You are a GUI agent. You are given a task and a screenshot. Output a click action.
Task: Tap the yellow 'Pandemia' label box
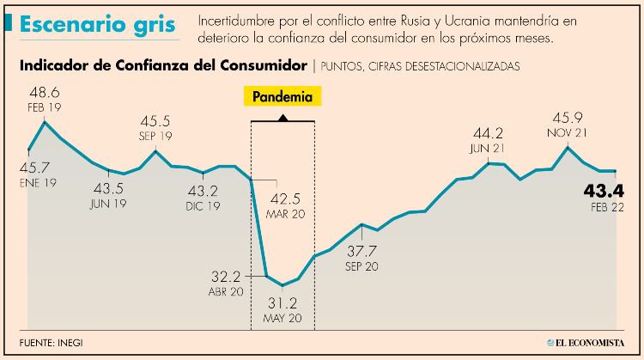click(x=283, y=96)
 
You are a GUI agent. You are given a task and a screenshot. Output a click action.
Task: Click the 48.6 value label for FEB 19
click(x=44, y=93)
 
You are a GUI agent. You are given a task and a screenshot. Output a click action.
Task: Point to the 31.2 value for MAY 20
click(x=283, y=304)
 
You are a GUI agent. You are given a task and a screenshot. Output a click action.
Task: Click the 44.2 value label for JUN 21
click(x=489, y=133)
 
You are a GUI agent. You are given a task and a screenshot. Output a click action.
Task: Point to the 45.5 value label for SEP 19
click(x=155, y=121)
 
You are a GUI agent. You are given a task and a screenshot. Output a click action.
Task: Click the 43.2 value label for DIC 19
click(x=203, y=191)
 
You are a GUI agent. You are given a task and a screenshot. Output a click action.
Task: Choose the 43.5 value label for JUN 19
click(x=108, y=188)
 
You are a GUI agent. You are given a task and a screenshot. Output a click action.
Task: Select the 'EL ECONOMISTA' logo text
click(x=593, y=343)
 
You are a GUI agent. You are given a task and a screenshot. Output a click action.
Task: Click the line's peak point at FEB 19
click(x=44, y=122)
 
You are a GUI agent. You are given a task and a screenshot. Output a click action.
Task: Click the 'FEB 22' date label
click(x=606, y=206)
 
